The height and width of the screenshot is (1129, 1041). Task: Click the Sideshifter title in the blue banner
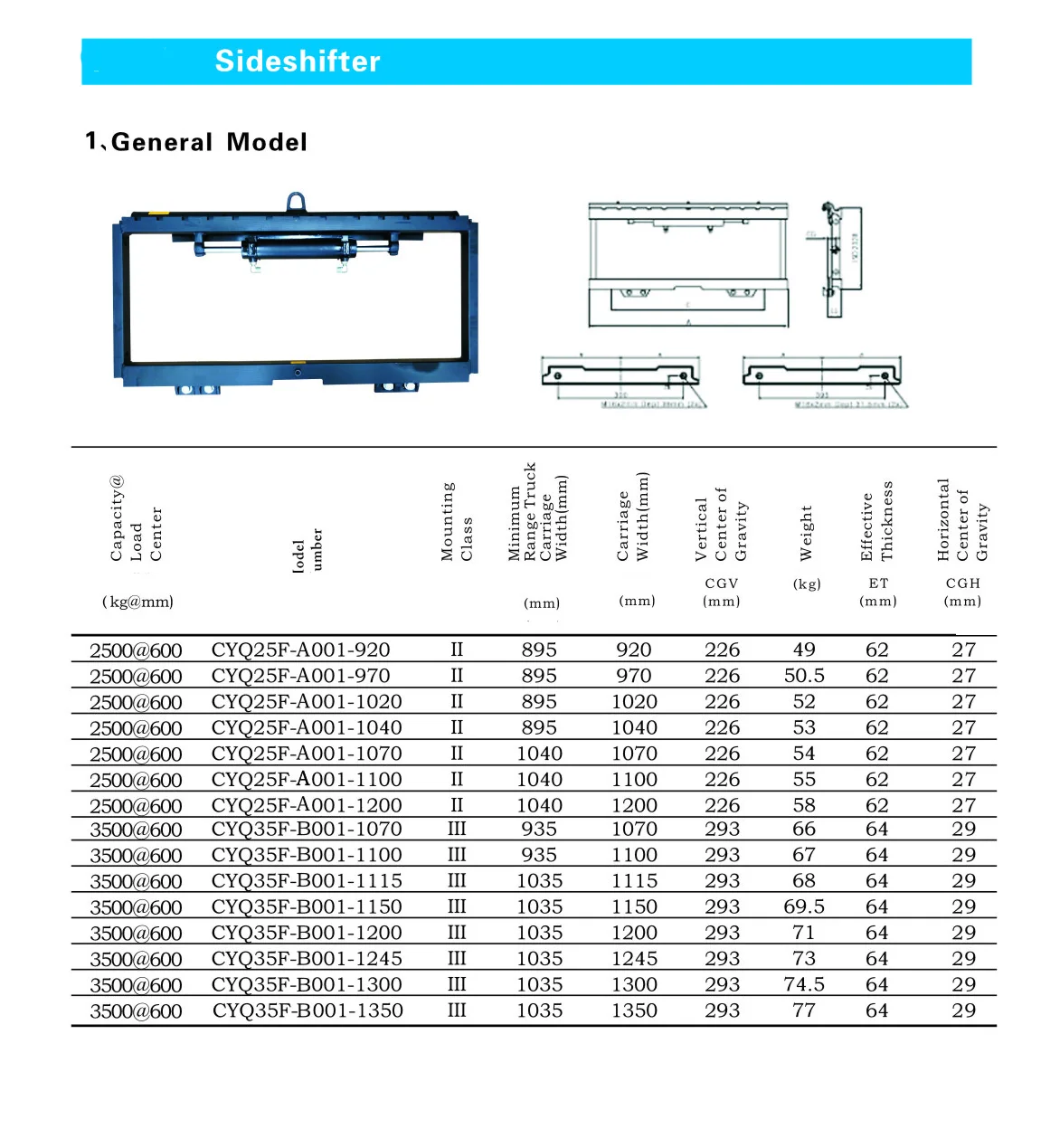click(298, 62)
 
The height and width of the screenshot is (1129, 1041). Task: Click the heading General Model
click(196, 142)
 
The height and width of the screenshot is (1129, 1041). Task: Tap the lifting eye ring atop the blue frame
click(296, 202)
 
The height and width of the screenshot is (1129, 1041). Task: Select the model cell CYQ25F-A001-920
click(300, 650)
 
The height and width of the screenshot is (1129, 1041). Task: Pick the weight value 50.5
click(804, 676)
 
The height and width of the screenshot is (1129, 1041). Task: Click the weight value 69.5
click(804, 906)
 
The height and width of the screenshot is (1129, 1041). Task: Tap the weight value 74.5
click(804, 984)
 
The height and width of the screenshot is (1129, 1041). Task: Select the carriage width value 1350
click(634, 1010)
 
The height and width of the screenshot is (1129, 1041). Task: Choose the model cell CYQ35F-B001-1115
click(307, 881)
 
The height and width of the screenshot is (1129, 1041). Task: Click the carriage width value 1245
click(634, 959)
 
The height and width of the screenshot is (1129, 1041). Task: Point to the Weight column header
click(806, 533)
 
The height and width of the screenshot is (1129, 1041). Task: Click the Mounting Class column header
click(457, 522)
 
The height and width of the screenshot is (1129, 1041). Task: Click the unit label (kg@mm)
click(137, 602)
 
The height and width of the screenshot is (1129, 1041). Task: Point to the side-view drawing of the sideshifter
click(841, 261)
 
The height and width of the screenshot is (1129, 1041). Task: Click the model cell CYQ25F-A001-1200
click(307, 805)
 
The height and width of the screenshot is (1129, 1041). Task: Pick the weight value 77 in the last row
click(804, 1010)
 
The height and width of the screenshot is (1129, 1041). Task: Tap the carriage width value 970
click(633, 676)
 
